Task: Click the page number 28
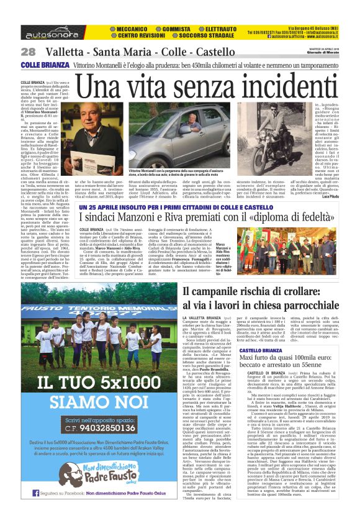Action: [28, 52]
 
